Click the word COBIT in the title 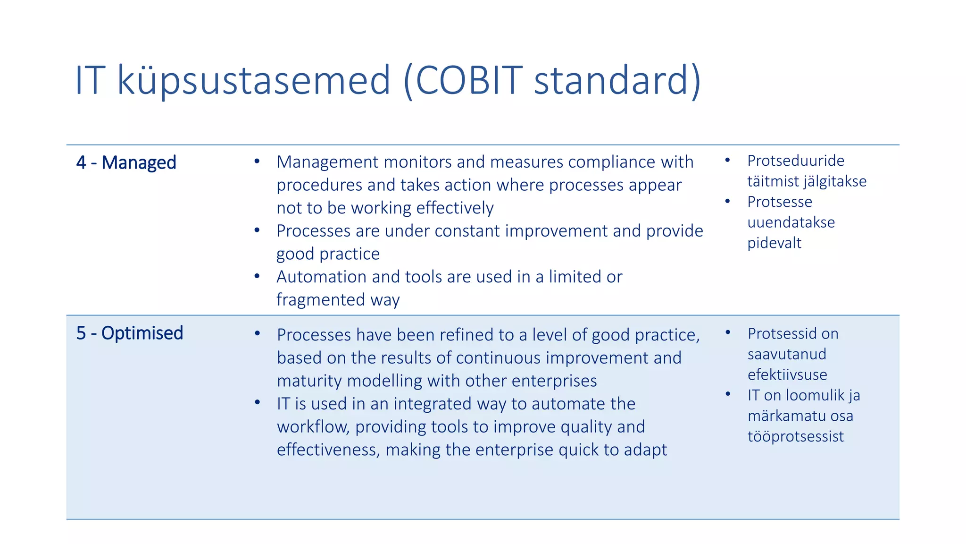tap(469, 80)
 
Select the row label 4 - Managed tap(126, 162)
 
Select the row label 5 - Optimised tap(130, 333)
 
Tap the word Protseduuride tap(796, 161)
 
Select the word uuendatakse tap(791, 222)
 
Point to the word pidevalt tap(774, 243)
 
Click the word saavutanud tap(787, 354)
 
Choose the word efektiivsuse tap(787, 374)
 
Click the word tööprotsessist tap(796, 436)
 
